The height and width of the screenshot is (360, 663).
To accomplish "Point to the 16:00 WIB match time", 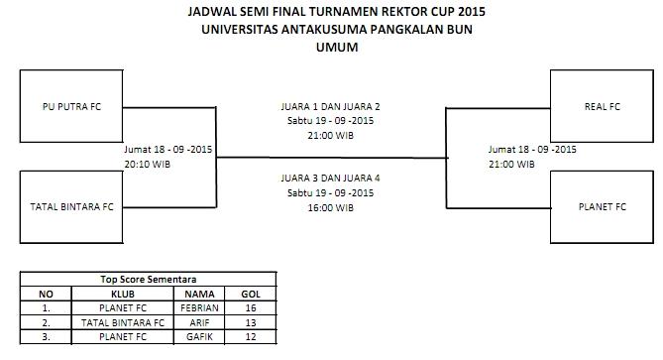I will (330, 208).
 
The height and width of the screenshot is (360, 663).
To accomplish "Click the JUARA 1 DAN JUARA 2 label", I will (330, 105).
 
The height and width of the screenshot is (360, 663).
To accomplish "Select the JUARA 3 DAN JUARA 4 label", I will (330, 179).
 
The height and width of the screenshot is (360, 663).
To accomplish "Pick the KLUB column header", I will (123, 294).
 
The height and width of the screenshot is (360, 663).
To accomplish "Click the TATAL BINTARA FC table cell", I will (123, 321).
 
